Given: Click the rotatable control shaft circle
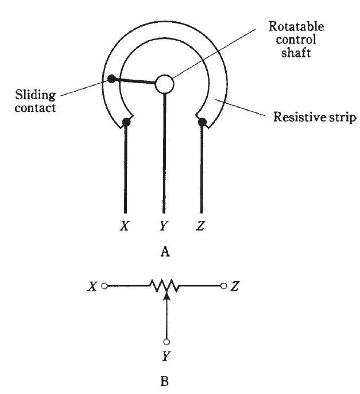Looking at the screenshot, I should point(165,84).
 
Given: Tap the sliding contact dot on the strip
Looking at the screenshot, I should point(111,78).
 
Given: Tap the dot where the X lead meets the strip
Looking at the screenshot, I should point(126,122).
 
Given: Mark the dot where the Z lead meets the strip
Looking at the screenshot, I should point(203,121).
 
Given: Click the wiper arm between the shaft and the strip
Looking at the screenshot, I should point(136,81).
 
